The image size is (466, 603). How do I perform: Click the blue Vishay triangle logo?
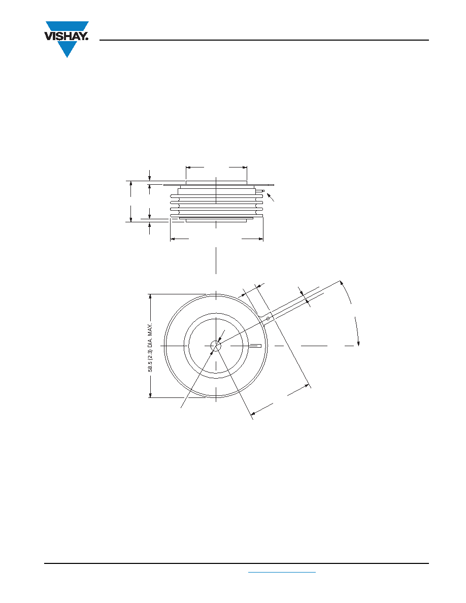click(67, 39)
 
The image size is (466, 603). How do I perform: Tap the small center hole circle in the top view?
click(216, 346)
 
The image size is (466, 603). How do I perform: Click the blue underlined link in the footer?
click(282, 573)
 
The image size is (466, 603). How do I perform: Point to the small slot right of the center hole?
click(256, 346)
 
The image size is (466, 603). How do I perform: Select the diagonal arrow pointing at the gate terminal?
click(271, 197)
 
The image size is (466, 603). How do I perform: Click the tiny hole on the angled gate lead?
click(268, 318)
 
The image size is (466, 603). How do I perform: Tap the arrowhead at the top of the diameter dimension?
click(151, 297)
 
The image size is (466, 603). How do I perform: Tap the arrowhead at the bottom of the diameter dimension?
click(151, 394)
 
